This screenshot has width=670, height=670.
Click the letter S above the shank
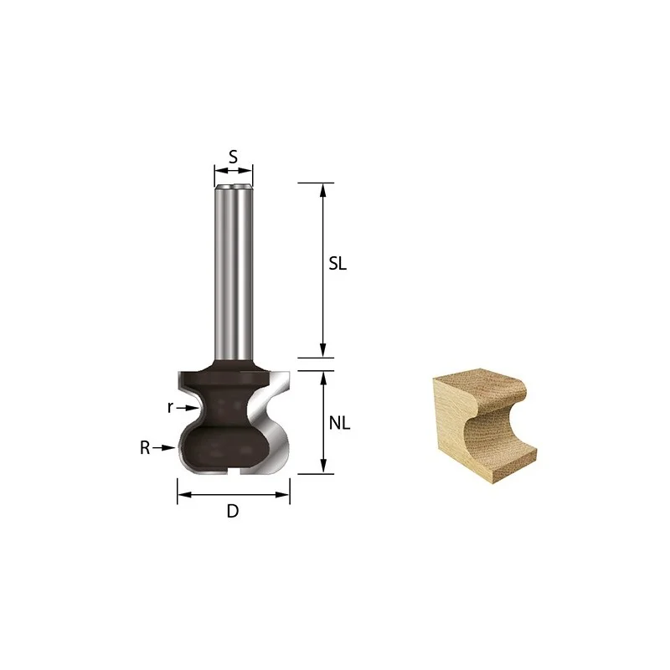(233, 157)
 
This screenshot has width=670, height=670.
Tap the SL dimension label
(338, 264)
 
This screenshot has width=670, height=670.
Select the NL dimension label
(339, 423)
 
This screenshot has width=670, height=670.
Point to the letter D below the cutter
(233, 511)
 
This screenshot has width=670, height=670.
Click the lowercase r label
(170, 408)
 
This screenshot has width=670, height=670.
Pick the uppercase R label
(145, 448)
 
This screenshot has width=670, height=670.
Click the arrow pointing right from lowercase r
(188, 408)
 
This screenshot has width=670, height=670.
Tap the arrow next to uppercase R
(164, 448)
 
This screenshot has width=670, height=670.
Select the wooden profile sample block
(485, 425)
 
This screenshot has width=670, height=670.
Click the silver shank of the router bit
(234, 272)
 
